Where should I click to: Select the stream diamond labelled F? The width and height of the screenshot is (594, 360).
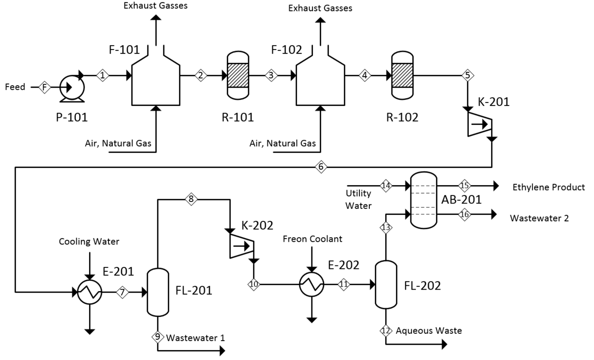(45, 88)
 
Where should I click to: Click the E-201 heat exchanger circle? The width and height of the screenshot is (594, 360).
(90, 292)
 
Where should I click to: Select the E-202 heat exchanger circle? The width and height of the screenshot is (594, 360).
(311, 284)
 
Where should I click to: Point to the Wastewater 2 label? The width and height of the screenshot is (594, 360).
(540, 218)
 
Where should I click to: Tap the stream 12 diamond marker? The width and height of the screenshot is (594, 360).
(386, 330)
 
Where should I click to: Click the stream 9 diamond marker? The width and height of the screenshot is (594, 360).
(158, 337)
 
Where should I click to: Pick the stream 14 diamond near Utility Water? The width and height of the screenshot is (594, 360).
(386, 186)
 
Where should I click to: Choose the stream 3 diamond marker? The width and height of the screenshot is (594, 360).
(271, 75)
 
